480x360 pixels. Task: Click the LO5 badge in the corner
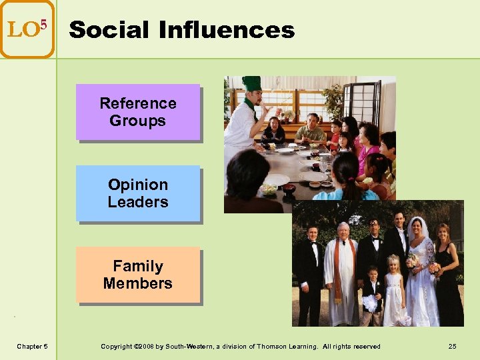(27, 29)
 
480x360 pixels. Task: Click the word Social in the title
(109, 30)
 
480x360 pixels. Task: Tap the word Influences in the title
(227, 30)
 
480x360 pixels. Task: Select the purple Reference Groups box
(138, 112)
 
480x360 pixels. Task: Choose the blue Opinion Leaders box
(138, 193)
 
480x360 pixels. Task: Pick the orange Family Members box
(138, 275)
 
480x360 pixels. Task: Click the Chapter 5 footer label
(31, 346)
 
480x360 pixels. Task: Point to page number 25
(452, 346)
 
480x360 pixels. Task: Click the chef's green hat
(251, 83)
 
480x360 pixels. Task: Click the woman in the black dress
(447, 280)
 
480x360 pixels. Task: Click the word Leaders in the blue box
(138, 202)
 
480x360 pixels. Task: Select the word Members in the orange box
(138, 283)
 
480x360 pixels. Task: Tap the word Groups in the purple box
(138, 121)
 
